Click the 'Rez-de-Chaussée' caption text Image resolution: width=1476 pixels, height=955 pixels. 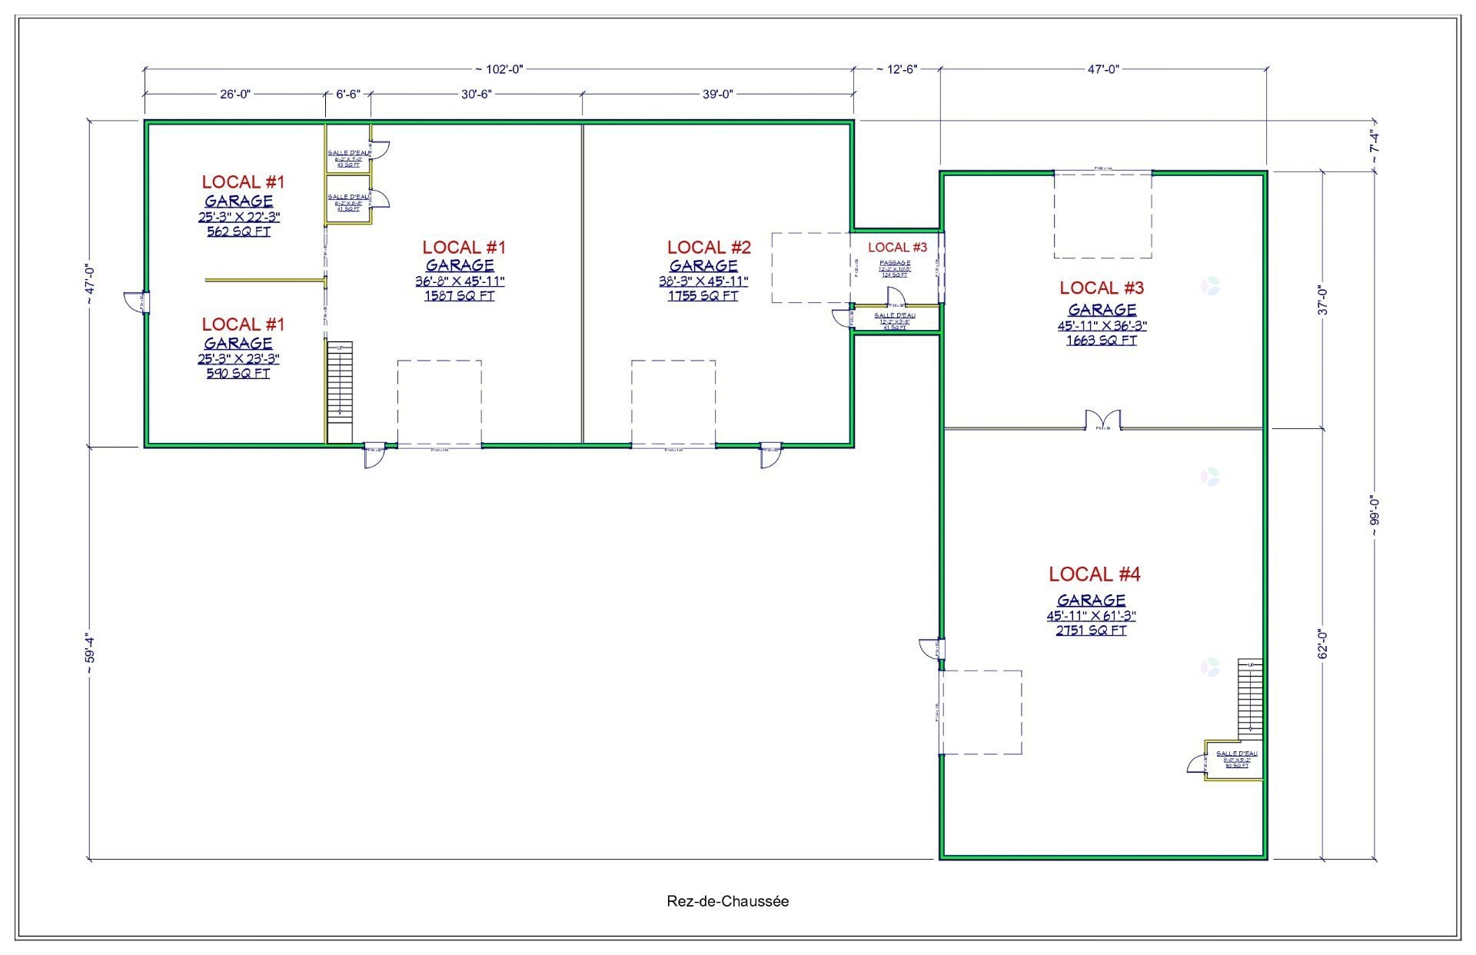click(x=727, y=901)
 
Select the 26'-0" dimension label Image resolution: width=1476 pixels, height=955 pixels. click(x=235, y=94)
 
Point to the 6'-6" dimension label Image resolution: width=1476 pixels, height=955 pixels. click(x=348, y=94)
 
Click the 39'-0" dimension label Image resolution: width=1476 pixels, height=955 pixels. click(x=717, y=94)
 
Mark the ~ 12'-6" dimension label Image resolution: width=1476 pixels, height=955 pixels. click(x=896, y=69)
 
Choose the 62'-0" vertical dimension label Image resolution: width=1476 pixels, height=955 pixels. click(x=1323, y=644)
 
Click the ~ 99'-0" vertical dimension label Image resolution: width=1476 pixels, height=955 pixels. click(x=1375, y=511)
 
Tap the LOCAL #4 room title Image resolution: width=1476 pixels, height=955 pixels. click(x=1095, y=574)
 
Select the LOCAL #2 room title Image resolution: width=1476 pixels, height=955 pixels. click(x=709, y=248)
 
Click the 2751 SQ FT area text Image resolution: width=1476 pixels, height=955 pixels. click(x=1092, y=631)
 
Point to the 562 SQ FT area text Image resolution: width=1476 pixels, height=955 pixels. click(x=238, y=231)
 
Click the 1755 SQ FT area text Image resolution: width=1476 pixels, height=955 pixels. click(x=703, y=296)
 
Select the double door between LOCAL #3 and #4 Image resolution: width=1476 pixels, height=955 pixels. click(x=1102, y=421)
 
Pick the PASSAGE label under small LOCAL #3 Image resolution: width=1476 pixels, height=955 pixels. click(x=896, y=263)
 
